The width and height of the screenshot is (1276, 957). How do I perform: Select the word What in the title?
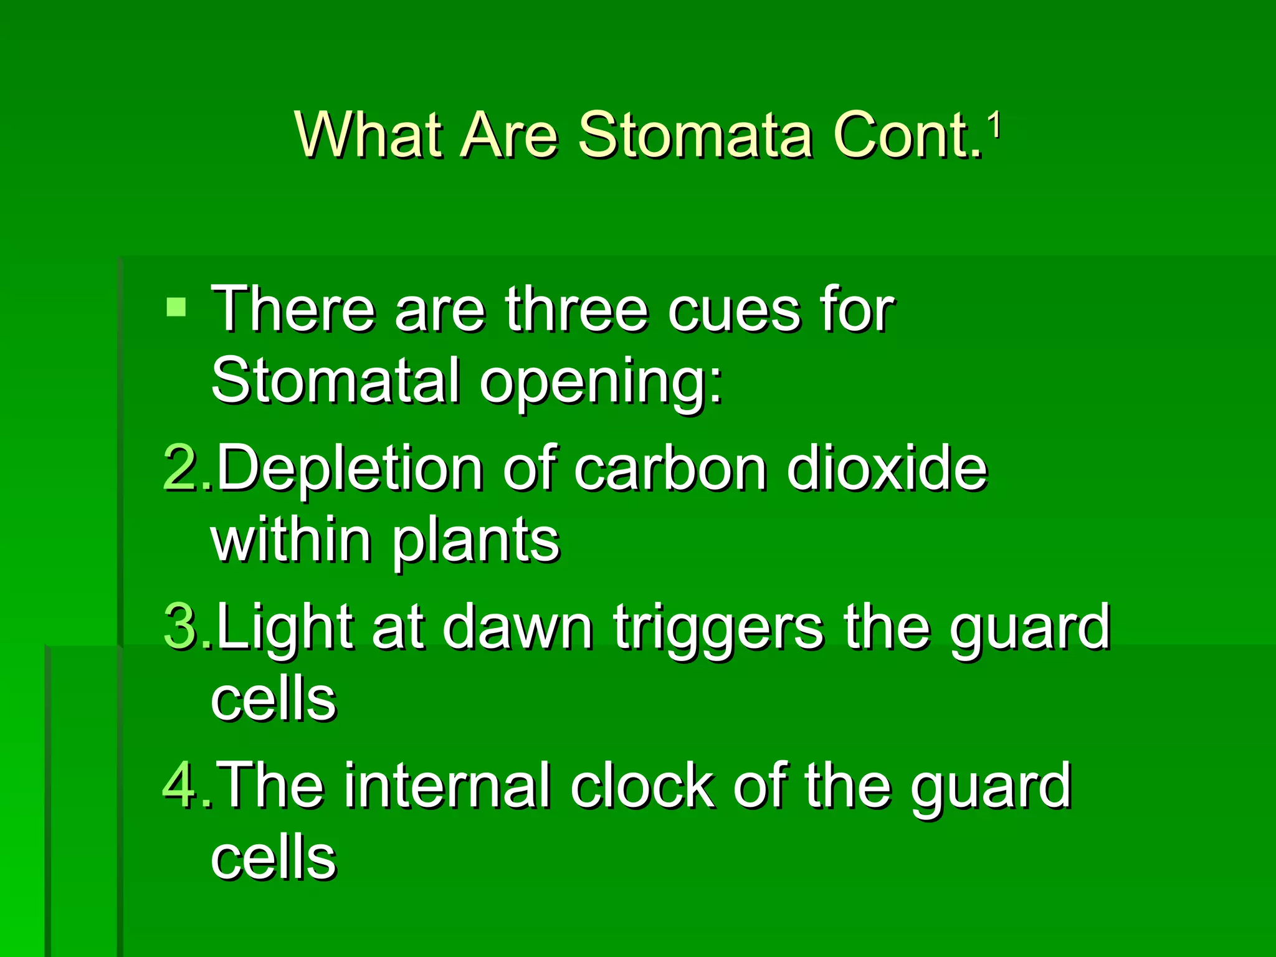(371, 135)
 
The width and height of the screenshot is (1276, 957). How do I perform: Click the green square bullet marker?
(176, 307)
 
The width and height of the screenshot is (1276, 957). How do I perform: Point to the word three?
(576, 310)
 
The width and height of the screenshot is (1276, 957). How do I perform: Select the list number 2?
(181, 469)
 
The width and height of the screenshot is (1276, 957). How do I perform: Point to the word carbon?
(670, 469)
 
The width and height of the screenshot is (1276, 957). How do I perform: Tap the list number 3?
(181, 627)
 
